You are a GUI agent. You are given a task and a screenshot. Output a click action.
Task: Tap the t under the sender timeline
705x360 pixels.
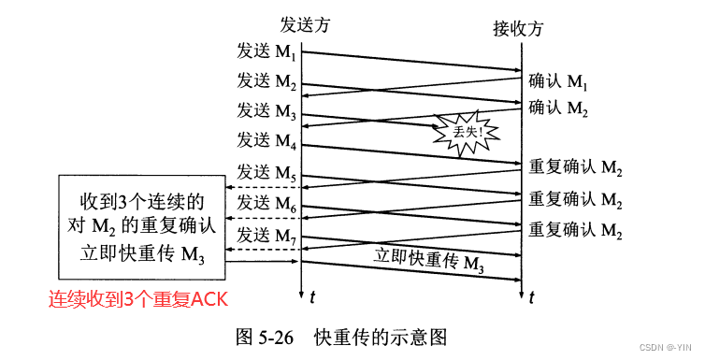point(312,297)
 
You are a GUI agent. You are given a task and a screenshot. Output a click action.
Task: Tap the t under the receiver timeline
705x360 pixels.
point(532,297)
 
